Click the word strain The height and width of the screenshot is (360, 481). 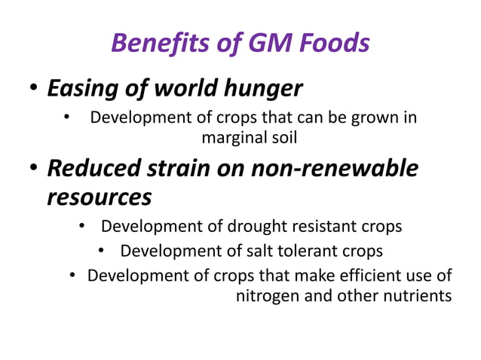click(180, 169)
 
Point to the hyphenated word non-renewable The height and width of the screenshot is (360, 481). click(343, 169)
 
